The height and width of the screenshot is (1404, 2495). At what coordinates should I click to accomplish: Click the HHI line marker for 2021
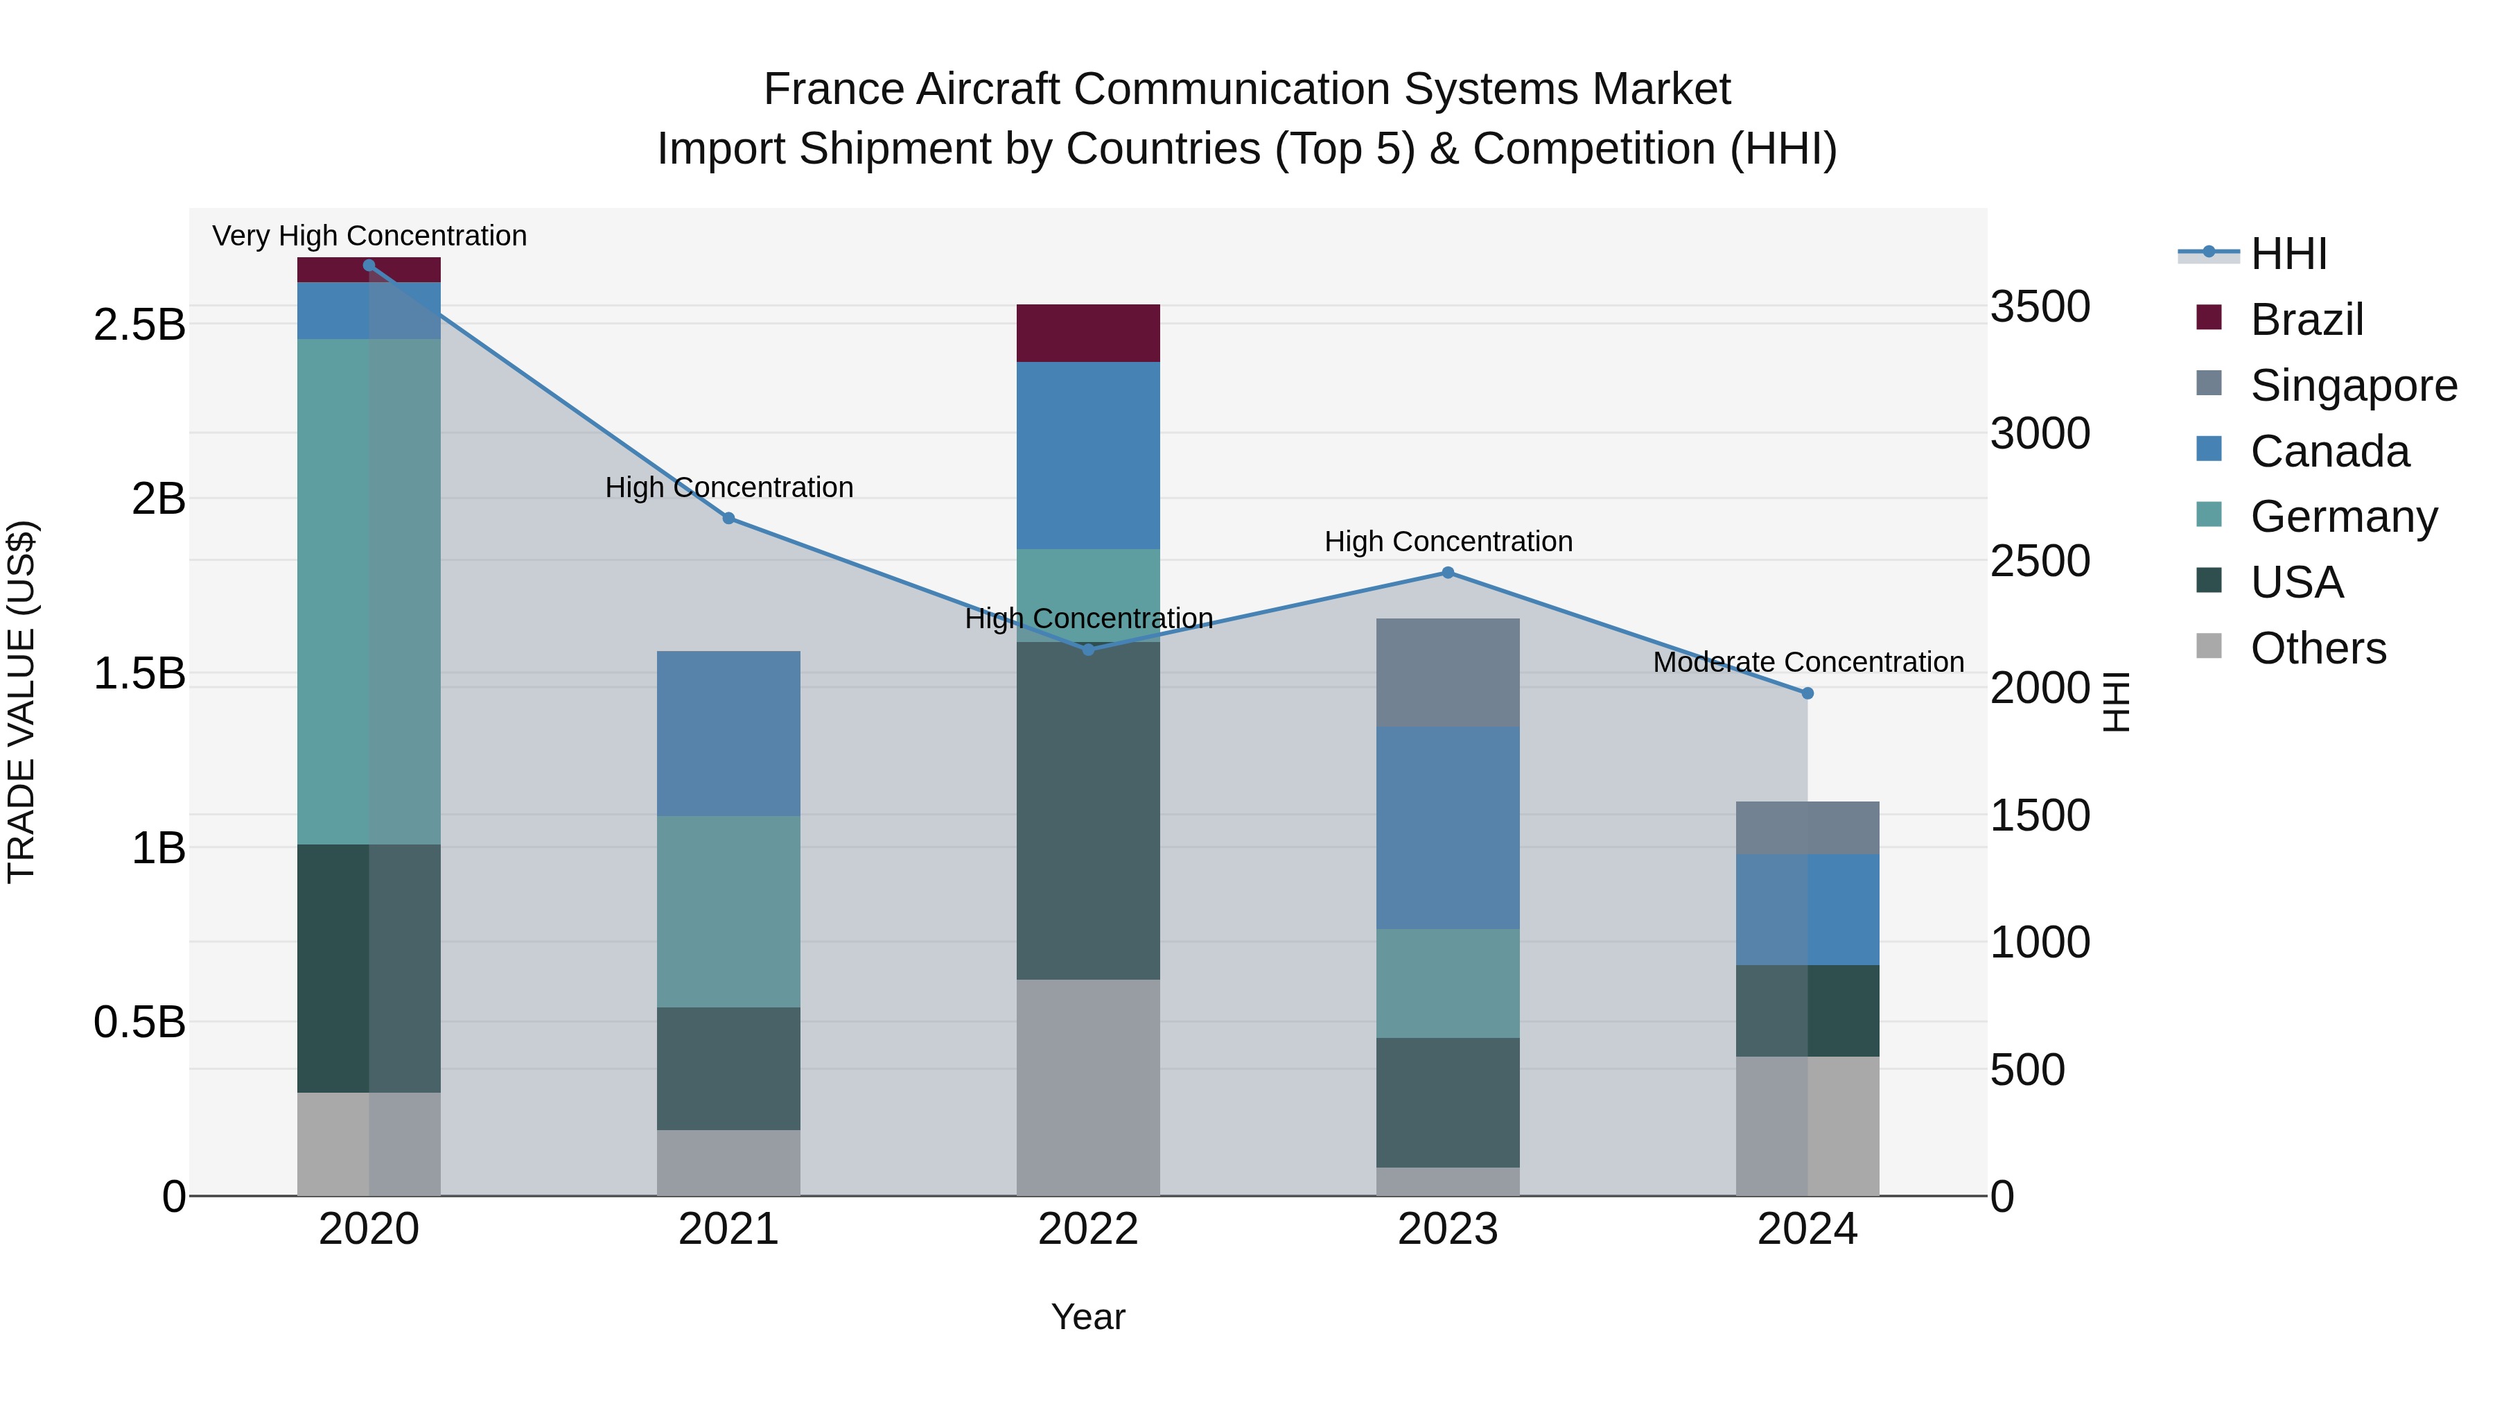tap(728, 519)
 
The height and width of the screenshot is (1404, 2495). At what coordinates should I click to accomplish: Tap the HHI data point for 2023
tap(1448, 573)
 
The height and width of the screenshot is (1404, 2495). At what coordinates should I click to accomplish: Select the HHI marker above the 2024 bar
tap(1807, 694)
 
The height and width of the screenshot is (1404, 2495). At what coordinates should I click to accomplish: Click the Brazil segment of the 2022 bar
tap(1087, 333)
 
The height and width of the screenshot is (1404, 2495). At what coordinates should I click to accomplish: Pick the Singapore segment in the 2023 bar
tap(1448, 673)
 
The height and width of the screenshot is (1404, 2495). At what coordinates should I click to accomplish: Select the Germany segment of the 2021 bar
tap(728, 911)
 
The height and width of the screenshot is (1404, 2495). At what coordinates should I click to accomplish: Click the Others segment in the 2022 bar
tap(1087, 1087)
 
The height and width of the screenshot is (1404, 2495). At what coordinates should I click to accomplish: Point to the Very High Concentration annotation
tap(369, 236)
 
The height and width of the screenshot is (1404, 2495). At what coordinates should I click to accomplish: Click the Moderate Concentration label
tap(1807, 663)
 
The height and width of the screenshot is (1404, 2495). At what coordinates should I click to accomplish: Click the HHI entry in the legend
tap(2288, 254)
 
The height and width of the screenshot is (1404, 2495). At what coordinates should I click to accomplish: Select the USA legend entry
tap(2295, 582)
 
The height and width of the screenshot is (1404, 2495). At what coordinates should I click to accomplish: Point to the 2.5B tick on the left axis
tap(139, 324)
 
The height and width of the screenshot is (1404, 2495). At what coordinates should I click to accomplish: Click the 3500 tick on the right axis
tap(2040, 307)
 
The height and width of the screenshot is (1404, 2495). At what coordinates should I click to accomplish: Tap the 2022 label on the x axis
tap(1087, 1229)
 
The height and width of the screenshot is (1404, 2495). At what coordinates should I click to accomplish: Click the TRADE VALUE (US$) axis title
tap(22, 702)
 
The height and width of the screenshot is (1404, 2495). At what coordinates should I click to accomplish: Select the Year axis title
tap(1087, 1317)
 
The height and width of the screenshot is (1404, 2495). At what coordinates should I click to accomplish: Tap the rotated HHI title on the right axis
tap(2117, 702)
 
